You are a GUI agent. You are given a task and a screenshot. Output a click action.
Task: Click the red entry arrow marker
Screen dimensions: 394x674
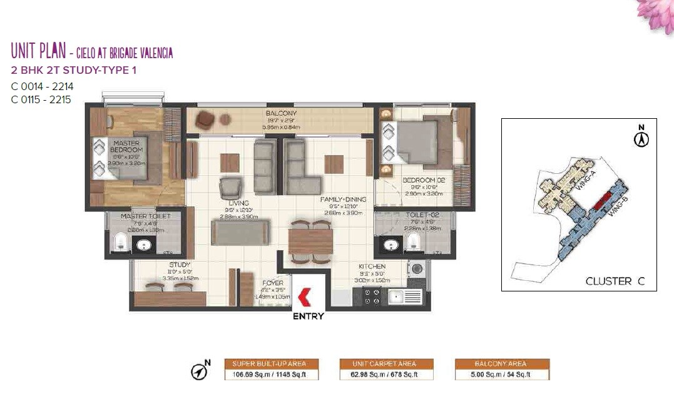click(305, 296)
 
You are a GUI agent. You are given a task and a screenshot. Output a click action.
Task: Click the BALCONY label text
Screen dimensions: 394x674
click(276, 113)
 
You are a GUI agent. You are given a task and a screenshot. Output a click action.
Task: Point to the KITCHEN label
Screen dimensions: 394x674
click(372, 267)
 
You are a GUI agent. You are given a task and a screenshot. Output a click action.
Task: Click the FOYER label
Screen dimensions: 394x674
click(273, 283)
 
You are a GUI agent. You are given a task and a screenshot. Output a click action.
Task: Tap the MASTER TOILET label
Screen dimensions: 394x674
click(146, 216)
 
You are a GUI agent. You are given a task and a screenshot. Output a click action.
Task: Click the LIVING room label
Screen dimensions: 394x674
click(238, 203)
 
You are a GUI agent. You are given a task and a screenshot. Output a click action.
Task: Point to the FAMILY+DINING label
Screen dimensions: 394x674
click(342, 200)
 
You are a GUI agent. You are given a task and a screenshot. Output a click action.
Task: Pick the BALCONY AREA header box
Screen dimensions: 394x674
click(502, 363)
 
